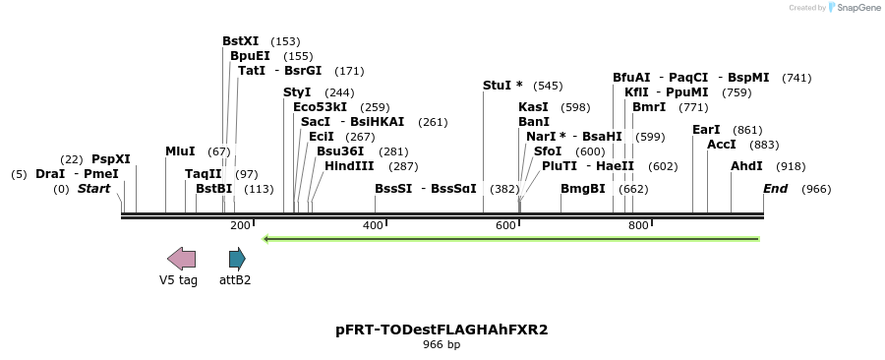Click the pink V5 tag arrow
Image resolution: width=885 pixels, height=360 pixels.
click(x=181, y=259)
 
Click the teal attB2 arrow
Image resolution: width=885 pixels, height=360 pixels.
click(x=237, y=259)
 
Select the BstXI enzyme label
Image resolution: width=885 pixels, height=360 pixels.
click(x=240, y=41)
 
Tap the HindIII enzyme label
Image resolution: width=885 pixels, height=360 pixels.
click(x=349, y=166)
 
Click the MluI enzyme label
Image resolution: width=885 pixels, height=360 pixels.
click(x=180, y=150)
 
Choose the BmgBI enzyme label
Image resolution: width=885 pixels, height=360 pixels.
click(x=583, y=188)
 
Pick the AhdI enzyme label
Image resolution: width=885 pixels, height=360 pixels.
click(x=746, y=166)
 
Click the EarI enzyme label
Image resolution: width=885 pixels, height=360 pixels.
click(x=706, y=130)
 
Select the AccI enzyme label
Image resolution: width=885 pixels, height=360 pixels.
click(x=722, y=145)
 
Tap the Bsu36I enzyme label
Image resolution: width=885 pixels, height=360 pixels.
click(x=340, y=151)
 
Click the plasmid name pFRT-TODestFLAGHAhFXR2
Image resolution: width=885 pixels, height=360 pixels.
click(x=442, y=330)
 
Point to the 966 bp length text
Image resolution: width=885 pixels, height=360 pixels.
click(x=442, y=345)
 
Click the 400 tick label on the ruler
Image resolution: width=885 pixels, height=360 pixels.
click(x=374, y=226)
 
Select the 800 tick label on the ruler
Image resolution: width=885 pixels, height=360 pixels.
click(x=638, y=226)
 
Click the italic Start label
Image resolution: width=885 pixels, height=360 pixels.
click(x=93, y=188)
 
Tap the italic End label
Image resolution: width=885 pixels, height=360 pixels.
click(x=776, y=188)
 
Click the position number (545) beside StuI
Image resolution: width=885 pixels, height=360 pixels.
click(x=548, y=86)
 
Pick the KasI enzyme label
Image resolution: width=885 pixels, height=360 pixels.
click(x=533, y=106)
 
